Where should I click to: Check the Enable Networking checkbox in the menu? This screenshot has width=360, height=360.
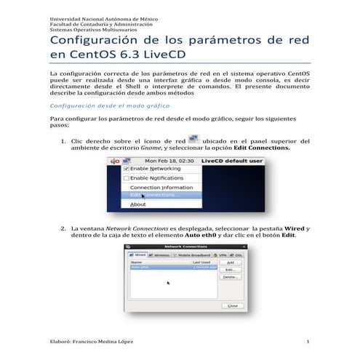point(126,168)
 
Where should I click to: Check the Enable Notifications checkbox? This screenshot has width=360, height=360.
point(126,177)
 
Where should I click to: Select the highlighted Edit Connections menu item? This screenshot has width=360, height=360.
point(156,196)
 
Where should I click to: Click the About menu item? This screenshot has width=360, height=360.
point(138,205)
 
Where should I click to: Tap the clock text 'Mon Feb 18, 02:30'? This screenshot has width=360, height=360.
point(169,159)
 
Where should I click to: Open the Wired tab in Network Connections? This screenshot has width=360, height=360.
point(137,255)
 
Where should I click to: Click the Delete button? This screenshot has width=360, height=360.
point(230,276)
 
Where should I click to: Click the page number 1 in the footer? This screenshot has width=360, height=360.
point(308,342)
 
